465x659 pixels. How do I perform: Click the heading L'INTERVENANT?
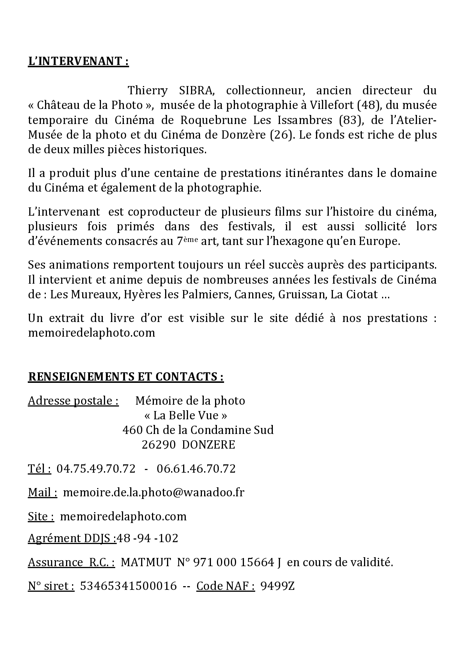[78, 61]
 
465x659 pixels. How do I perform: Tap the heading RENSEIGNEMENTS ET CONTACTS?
[126, 377]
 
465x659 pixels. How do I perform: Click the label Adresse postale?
[73, 401]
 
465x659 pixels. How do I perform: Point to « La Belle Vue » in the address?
[186, 416]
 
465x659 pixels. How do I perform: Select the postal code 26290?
[158, 445]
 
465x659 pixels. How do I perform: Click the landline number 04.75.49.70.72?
[96, 469]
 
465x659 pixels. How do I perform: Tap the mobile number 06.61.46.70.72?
[196, 469]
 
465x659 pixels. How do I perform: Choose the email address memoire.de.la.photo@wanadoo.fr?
[153, 493]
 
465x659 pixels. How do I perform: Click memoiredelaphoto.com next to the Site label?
[123, 517]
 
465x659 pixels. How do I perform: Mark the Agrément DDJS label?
[72, 538]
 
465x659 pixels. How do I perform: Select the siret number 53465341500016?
[128, 586]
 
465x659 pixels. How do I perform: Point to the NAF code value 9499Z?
[277, 586]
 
